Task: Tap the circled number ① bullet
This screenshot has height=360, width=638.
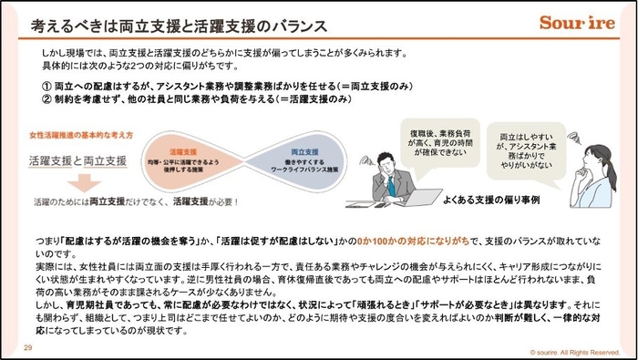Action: point(46,85)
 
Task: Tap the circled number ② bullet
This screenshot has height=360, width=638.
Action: point(46,98)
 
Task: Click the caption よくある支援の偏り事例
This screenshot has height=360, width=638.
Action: point(495,198)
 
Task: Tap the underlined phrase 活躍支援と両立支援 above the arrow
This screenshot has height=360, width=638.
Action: point(77,160)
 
